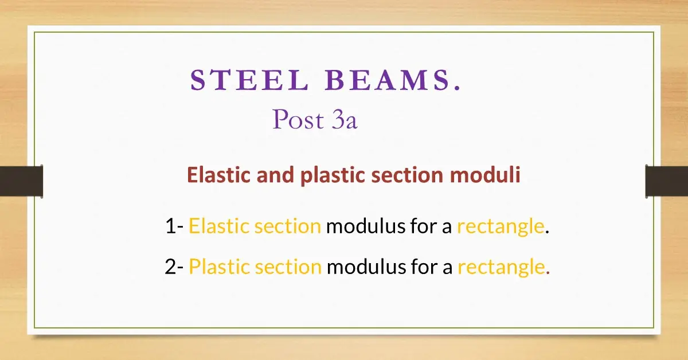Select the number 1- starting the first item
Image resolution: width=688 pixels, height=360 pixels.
[174, 227]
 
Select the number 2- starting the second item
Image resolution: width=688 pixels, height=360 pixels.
[174, 267]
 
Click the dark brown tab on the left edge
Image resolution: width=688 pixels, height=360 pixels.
[21, 181]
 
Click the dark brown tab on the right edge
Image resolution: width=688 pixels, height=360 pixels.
[666, 181]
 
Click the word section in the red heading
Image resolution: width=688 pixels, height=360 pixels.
[406, 175]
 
